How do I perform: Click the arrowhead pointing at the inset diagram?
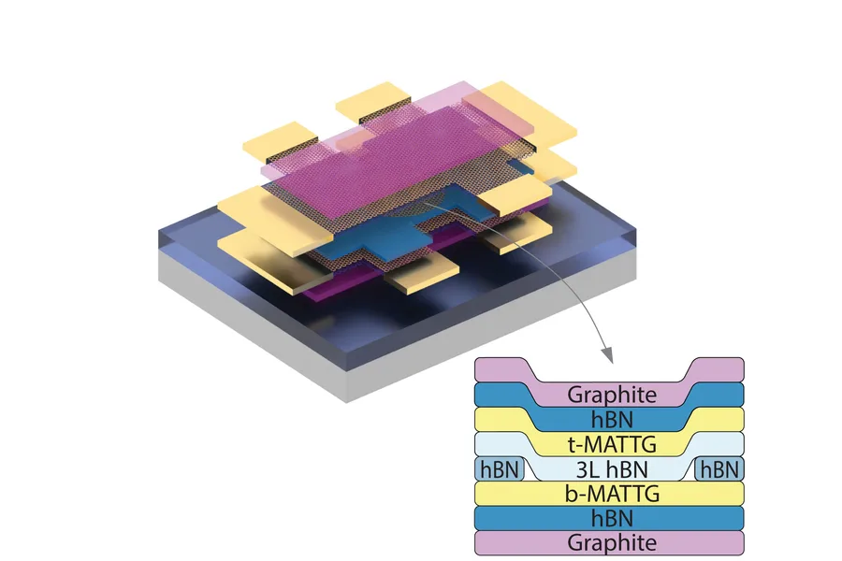(607, 356)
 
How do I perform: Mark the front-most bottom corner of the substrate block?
(347, 401)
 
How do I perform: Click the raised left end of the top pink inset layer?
(501, 368)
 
